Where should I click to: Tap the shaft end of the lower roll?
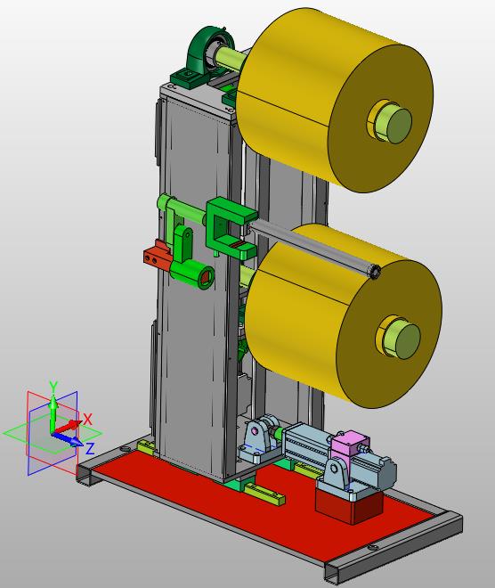pos(408,341)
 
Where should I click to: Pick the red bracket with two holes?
pos(158,256)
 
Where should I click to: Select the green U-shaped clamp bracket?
pos(230,228)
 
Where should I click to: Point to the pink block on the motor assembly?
pos(349,443)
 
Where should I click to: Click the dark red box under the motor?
pos(349,507)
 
